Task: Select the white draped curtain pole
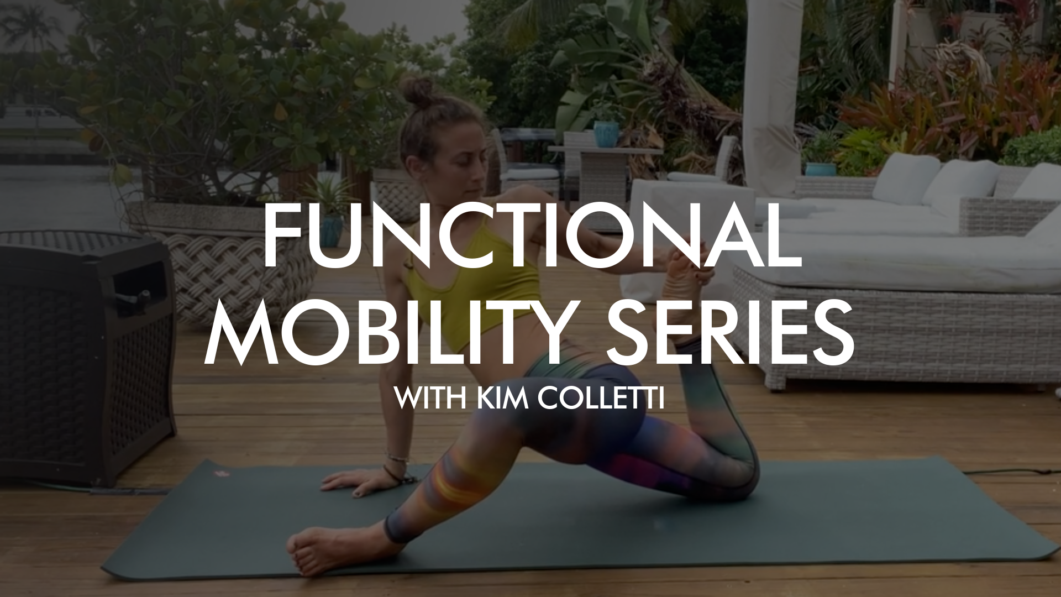pyautogui.click(x=771, y=83)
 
